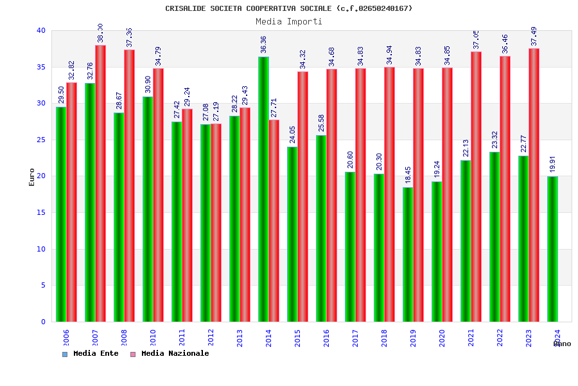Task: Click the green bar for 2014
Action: (263, 189)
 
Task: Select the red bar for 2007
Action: (100, 183)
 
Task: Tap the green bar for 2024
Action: (552, 249)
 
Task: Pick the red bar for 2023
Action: (534, 185)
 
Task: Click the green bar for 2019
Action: (408, 254)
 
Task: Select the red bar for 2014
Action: (274, 221)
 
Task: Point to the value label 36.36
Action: (264, 44)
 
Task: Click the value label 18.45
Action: (408, 174)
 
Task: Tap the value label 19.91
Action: (553, 164)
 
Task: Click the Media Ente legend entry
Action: (91, 354)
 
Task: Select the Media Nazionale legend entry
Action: (170, 354)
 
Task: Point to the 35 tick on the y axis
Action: (41, 67)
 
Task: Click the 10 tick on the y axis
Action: (41, 249)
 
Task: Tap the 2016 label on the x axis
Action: (327, 338)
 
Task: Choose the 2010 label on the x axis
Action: (153, 338)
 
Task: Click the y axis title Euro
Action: (32, 177)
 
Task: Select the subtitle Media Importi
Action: (289, 21)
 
